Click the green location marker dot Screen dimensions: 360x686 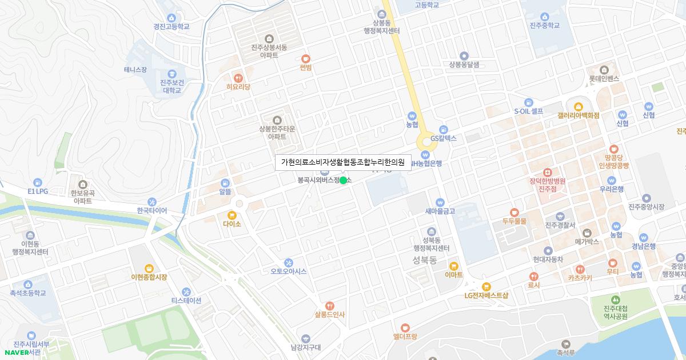[x=343, y=181]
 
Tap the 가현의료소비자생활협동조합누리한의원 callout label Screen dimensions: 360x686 [x=343, y=162]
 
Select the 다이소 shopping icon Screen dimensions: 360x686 [x=232, y=215]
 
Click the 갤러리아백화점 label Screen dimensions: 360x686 [x=578, y=115]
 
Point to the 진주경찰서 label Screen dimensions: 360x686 [x=560, y=225]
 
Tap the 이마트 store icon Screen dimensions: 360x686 [x=453, y=266]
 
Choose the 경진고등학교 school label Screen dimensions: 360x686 [x=171, y=26]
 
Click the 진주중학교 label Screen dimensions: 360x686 [x=544, y=26]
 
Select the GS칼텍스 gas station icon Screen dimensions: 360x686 [x=444, y=129]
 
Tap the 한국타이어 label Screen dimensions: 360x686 [x=152, y=210]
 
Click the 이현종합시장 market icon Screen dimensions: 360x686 [x=149, y=268]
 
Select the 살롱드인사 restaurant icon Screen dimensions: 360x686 [x=329, y=306]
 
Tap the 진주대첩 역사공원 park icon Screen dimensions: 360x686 [x=615, y=299]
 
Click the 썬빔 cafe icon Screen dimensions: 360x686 [x=306, y=58]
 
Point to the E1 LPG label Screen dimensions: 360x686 [x=38, y=191]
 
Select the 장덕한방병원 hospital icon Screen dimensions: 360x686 [x=547, y=172]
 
